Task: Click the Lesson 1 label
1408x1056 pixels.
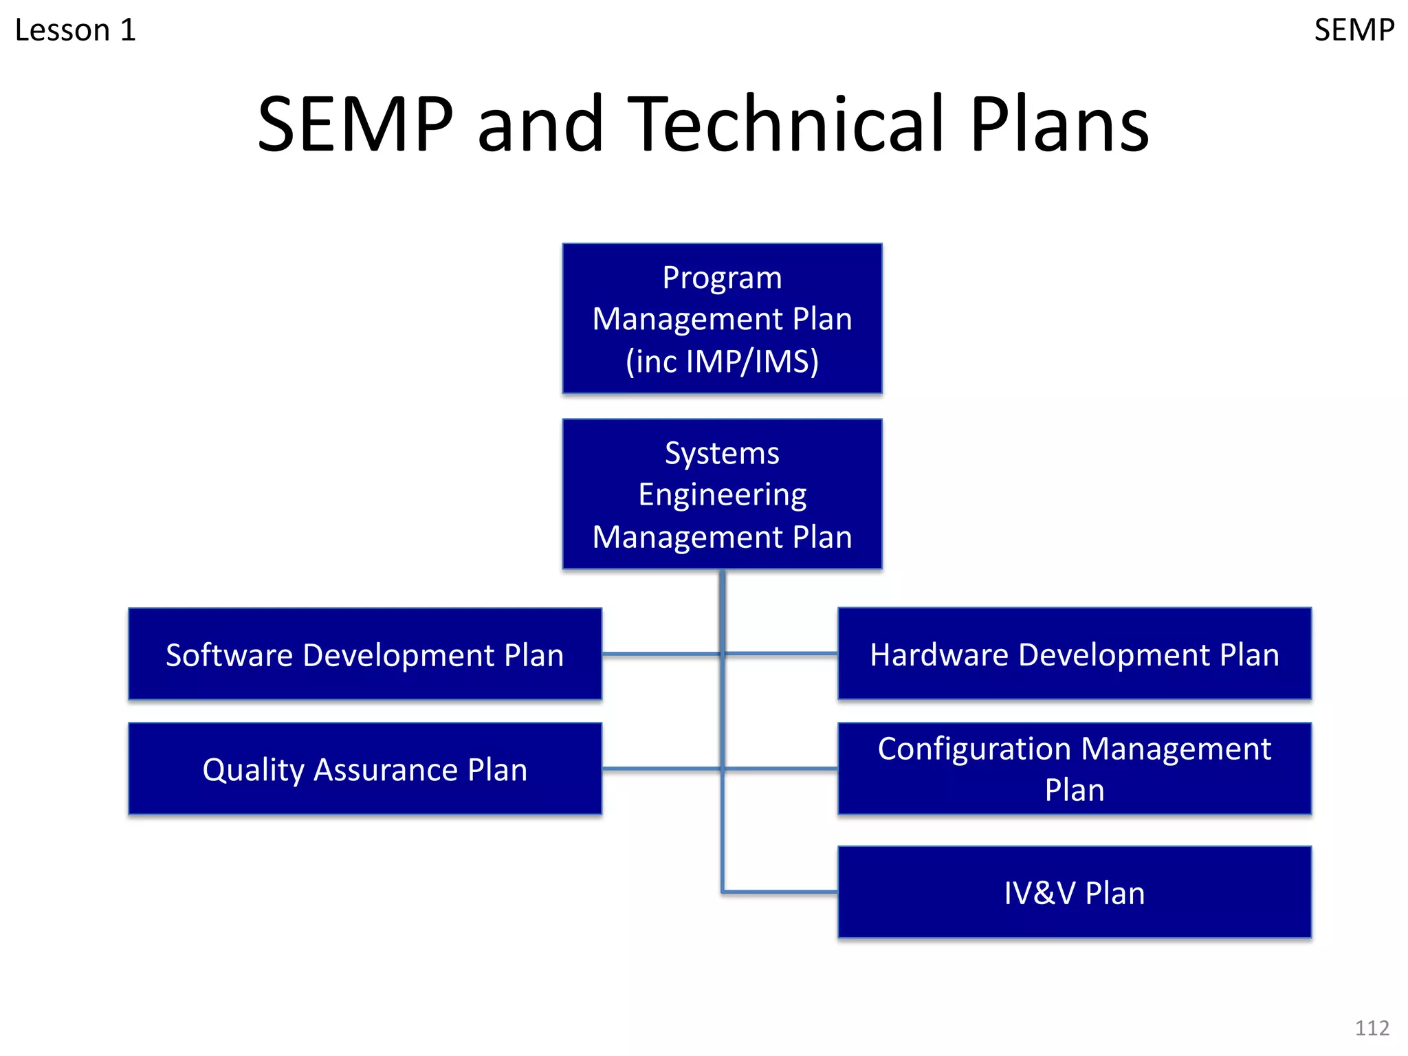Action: (x=76, y=30)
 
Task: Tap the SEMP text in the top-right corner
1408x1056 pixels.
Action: (x=1354, y=30)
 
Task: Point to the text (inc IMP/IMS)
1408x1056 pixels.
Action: (x=722, y=361)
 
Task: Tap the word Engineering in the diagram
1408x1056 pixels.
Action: (x=722, y=494)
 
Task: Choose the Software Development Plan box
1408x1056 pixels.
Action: (x=365, y=654)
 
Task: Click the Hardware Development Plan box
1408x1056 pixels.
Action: (x=1075, y=654)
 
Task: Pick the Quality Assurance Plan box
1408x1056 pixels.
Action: (x=365, y=769)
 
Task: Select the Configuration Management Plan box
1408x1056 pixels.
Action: (x=1075, y=769)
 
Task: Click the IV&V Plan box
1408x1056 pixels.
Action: (x=1075, y=892)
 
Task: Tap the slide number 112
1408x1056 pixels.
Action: (x=1372, y=1028)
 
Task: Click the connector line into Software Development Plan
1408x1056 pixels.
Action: (x=660, y=654)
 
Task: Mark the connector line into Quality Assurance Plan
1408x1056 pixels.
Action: (x=660, y=769)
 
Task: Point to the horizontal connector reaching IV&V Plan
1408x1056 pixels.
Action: (x=780, y=892)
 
